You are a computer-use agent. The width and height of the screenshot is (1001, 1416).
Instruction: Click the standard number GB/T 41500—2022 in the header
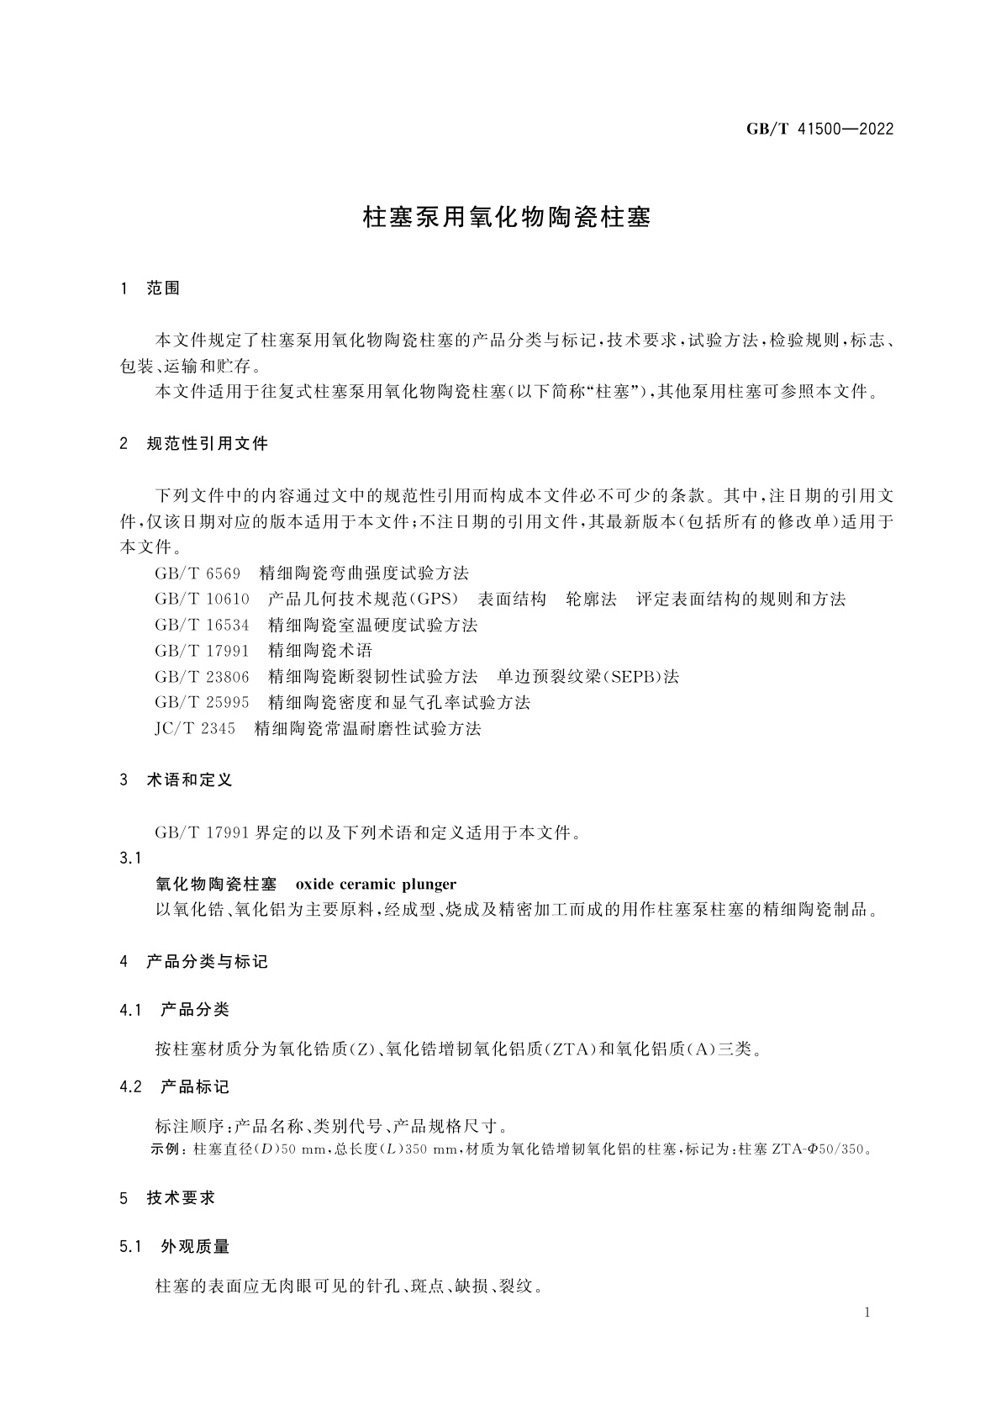click(819, 129)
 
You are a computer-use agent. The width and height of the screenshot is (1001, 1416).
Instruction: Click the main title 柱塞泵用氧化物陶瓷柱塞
click(507, 218)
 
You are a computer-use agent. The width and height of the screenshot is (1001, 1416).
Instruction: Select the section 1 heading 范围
click(163, 288)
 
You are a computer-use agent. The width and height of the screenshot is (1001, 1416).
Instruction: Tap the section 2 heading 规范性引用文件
click(207, 444)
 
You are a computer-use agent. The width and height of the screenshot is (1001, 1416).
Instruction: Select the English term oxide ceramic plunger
click(377, 884)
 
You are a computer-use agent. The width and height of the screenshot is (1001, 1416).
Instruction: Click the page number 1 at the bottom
click(867, 1313)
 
